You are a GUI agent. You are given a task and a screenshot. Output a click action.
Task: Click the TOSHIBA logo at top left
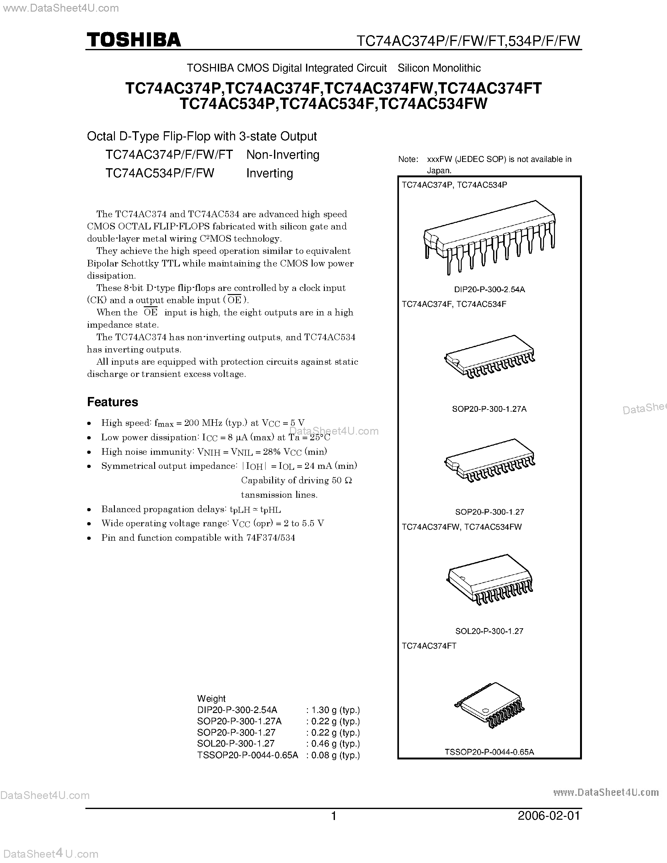pyautogui.click(x=134, y=40)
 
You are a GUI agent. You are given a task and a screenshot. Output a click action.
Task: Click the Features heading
pyautogui.click(x=113, y=402)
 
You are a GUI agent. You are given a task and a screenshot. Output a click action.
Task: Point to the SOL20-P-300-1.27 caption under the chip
pyautogui.click(x=489, y=631)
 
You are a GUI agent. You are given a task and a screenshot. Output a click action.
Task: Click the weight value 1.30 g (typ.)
pyautogui.click(x=333, y=710)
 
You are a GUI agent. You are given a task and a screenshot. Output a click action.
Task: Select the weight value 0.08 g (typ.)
pyautogui.click(x=333, y=755)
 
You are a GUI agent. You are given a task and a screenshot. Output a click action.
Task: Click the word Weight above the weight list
pyautogui.click(x=212, y=698)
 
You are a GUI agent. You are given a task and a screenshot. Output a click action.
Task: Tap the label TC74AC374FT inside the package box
pyautogui.click(x=429, y=646)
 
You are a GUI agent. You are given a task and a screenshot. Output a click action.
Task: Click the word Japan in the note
pyautogui.click(x=438, y=171)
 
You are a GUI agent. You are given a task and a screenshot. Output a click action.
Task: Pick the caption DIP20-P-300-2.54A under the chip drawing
pyautogui.click(x=489, y=289)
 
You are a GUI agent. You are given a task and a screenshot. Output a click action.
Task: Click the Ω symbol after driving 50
pyautogui.click(x=348, y=480)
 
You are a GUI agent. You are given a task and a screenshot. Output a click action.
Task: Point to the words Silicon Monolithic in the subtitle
pyautogui.click(x=439, y=68)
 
